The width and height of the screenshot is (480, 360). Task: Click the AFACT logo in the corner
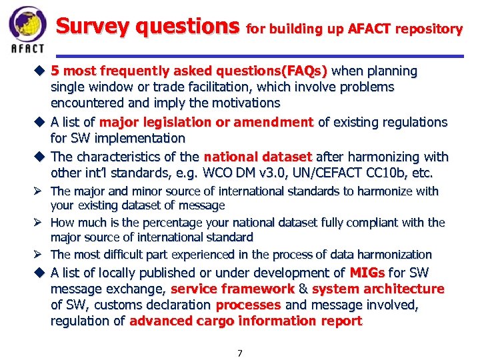click(27, 29)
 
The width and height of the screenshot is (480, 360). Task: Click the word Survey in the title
click(94, 27)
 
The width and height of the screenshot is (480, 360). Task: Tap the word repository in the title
click(428, 29)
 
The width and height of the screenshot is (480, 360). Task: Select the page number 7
click(240, 353)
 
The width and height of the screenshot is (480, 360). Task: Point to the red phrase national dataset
click(257, 157)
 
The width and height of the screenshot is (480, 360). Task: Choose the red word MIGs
click(367, 273)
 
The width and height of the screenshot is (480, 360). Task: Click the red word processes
click(248, 305)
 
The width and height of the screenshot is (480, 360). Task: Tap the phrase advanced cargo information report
click(246, 321)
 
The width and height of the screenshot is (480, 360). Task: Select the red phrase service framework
click(232, 289)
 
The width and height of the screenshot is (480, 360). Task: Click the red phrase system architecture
click(377, 289)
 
